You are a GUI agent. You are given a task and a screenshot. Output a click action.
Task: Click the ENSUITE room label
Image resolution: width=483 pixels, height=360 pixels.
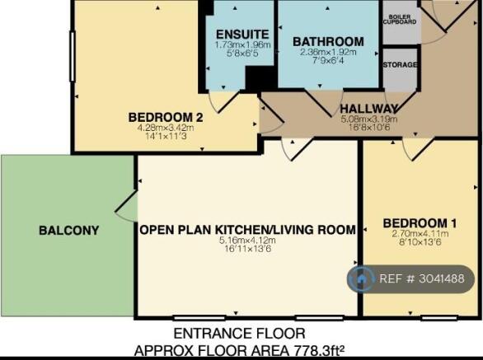(242, 34)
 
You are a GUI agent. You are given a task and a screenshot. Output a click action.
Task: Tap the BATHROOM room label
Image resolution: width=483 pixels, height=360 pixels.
(328, 41)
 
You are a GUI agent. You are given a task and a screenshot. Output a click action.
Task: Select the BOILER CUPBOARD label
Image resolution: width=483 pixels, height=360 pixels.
(400, 20)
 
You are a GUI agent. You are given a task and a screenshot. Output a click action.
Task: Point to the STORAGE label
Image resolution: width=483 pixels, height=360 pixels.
(400, 65)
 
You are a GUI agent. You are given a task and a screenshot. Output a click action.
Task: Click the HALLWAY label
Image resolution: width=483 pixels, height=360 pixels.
(368, 109)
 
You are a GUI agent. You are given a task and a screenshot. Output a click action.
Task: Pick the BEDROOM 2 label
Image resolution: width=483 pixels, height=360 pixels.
(166, 117)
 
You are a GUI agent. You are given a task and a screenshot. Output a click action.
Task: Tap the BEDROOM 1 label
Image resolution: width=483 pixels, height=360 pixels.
(420, 223)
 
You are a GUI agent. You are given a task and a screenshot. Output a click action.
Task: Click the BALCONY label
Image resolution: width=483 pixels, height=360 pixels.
(69, 231)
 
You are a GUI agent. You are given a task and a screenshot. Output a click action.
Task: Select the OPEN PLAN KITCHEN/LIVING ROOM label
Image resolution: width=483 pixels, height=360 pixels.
(248, 230)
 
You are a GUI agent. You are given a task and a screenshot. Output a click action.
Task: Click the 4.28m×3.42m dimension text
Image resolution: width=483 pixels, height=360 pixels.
(166, 128)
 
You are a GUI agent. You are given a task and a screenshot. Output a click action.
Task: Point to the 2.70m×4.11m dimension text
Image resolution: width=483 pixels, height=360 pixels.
(420, 234)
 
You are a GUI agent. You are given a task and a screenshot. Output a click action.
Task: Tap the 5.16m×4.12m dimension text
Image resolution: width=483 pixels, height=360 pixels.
(247, 241)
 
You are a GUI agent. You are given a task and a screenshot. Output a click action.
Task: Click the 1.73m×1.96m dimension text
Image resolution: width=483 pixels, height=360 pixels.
(242, 44)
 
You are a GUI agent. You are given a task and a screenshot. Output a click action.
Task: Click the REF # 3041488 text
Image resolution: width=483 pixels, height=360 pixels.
(422, 278)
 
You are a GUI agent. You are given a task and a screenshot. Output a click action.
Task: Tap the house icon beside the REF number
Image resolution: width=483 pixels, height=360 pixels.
(361, 279)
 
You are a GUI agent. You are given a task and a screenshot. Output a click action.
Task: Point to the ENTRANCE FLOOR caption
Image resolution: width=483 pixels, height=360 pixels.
(239, 334)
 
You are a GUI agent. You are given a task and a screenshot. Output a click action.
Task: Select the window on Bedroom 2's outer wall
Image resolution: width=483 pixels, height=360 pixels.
(73, 56)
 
